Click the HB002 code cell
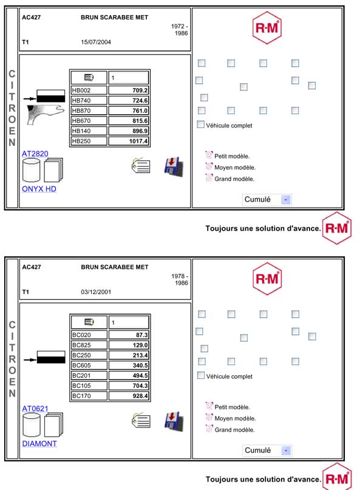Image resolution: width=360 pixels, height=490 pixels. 89,90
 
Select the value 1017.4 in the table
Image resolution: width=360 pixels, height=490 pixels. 129,141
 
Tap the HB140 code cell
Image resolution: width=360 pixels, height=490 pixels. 89,131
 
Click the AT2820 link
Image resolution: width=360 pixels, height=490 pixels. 35,154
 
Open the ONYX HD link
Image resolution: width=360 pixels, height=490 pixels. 39,189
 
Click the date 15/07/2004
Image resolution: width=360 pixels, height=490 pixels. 96,42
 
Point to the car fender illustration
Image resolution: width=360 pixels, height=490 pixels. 46,114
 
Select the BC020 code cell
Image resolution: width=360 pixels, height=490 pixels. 89,335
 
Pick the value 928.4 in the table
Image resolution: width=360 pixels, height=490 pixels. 129,396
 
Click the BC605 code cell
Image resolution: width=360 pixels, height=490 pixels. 89,366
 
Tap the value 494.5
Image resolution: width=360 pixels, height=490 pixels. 129,376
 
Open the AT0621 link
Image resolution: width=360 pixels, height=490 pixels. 35,409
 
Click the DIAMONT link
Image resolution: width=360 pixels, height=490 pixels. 39,444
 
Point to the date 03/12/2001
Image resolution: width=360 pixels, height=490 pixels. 96,292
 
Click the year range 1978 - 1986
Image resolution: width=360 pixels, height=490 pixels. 180,279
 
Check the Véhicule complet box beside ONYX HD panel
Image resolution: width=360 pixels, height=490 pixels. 200,124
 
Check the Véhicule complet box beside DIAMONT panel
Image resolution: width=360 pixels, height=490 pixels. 201,375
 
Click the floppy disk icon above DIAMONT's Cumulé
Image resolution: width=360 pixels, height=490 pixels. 174,421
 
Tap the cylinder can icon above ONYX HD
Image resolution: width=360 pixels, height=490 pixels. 31,170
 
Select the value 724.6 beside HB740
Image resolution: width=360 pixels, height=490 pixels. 129,101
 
